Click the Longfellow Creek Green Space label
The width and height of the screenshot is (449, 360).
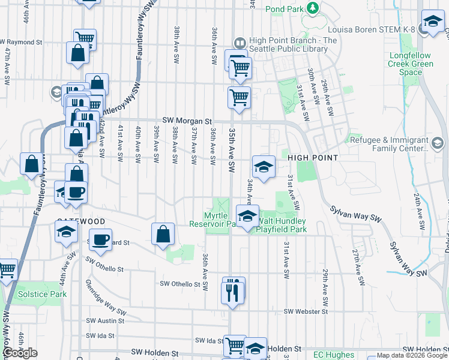411,64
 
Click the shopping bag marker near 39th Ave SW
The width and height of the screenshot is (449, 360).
163,234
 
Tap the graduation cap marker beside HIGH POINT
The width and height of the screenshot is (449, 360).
263,167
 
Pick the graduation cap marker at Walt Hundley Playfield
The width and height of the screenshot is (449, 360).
247,217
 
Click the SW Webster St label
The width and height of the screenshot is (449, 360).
306,311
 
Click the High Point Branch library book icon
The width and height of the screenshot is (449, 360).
239,43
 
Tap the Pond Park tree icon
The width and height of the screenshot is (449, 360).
312,8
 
